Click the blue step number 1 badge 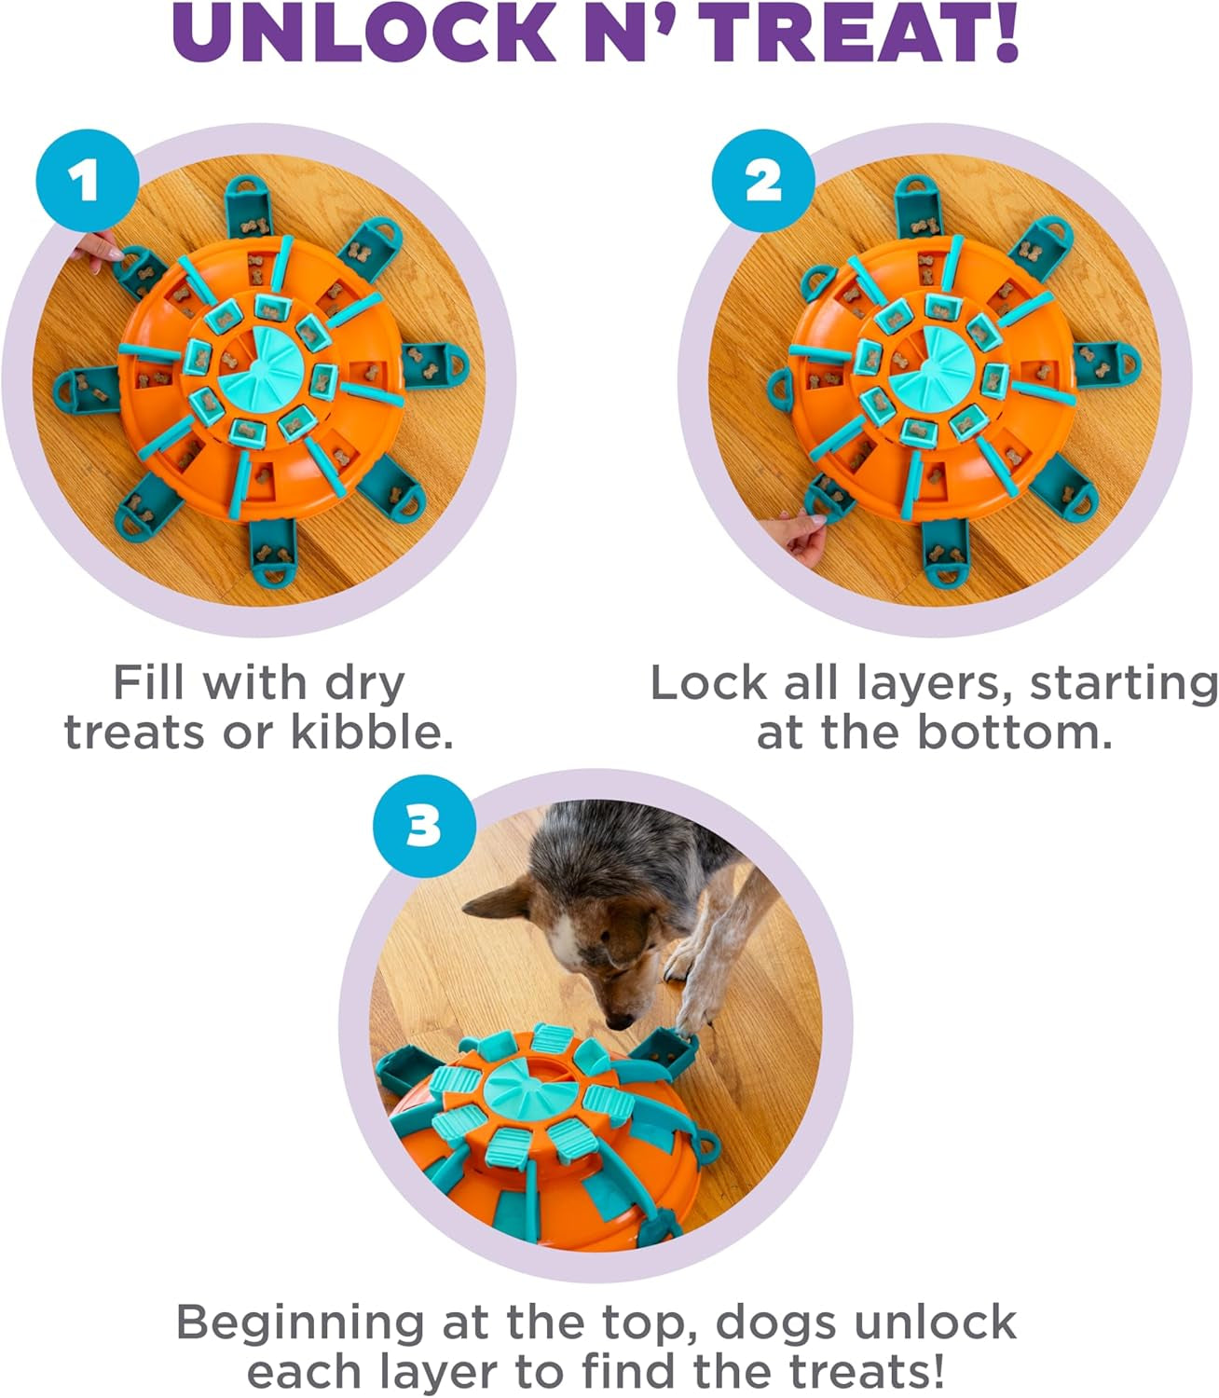pos(87,180)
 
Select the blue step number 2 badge pos(762,180)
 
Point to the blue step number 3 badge pos(424,824)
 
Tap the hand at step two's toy pos(803,541)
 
